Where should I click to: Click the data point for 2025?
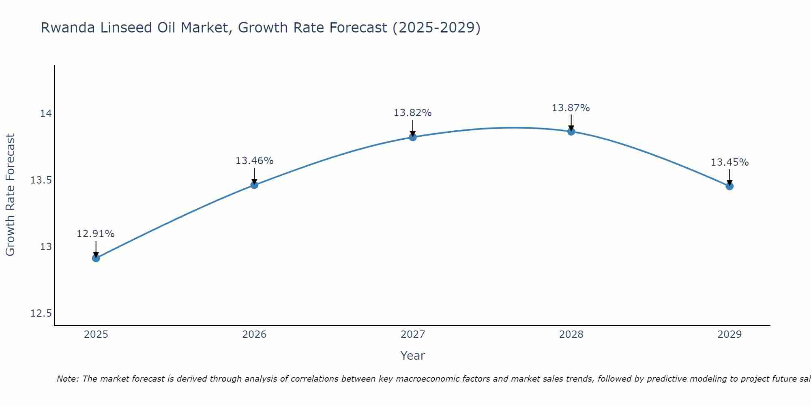[x=96, y=258]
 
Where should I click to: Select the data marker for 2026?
[x=254, y=185]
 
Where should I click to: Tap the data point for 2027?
[x=413, y=137]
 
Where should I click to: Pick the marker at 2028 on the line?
[x=571, y=131]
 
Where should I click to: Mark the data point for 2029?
[x=729, y=186]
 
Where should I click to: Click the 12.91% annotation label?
[x=96, y=234]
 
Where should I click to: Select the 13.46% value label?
[x=254, y=161]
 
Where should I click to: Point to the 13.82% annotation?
[x=412, y=113]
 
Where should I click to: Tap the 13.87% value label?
[x=571, y=108]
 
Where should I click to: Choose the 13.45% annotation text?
[x=729, y=162]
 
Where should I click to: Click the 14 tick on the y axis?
[x=46, y=113]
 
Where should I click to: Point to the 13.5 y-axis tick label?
[x=41, y=180]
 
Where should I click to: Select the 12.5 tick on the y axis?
[x=41, y=313]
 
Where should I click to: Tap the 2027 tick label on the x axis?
[x=413, y=335]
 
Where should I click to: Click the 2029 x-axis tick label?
[x=729, y=335]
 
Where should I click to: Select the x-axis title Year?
[x=412, y=356]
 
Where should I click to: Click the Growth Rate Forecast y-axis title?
[x=10, y=194]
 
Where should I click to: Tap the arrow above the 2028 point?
[x=571, y=122]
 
